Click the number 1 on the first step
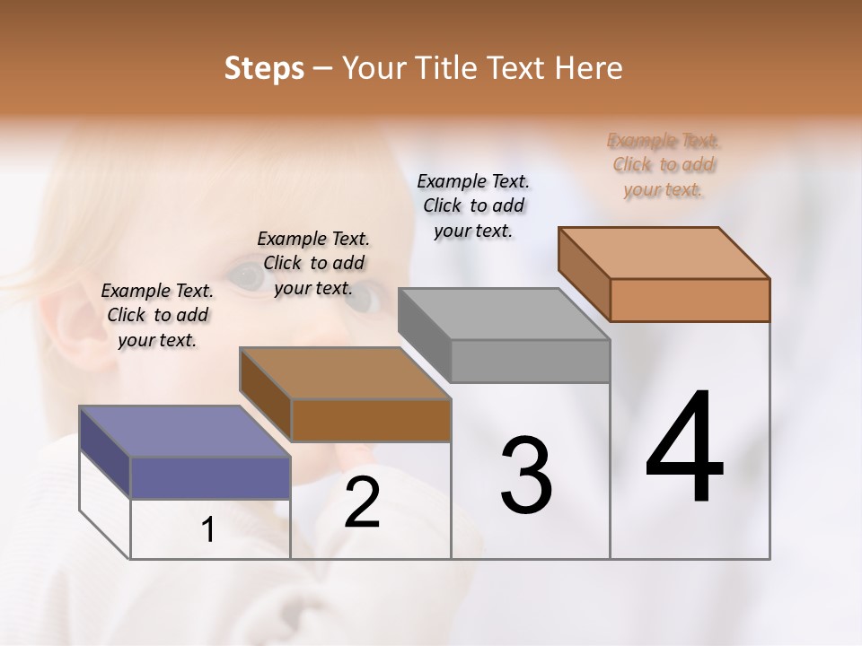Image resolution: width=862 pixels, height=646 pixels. point(208,529)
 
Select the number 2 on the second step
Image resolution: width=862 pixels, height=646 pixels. point(363,502)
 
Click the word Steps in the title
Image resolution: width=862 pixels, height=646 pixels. point(264,68)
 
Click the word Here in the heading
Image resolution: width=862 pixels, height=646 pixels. point(588,68)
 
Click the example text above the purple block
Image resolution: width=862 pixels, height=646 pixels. point(157,315)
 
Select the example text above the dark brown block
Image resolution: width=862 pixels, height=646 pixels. point(313,263)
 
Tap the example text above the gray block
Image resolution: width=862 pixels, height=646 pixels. point(473,205)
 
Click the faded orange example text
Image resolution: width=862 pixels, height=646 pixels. point(664,164)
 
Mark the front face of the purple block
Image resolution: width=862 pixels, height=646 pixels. point(210,477)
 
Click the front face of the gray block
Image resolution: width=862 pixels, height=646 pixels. point(530,362)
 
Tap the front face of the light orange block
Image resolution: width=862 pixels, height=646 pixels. point(690,300)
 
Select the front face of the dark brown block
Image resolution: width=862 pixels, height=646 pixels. point(371,420)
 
